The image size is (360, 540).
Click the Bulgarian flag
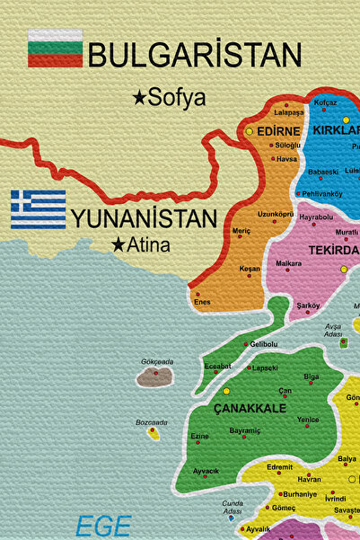(x=55, y=48)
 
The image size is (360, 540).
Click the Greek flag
(x=39, y=208)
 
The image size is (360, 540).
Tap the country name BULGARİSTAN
(x=194, y=56)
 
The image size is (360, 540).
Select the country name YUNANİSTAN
(x=145, y=218)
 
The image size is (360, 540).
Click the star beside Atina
(x=118, y=243)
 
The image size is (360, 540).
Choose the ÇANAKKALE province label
(x=250, y=408)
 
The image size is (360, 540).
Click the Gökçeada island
(x=154, y=376)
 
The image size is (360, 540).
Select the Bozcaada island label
(x=151, y=421)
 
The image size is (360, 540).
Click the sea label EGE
(x=103, y=527)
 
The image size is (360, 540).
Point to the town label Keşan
(x=249, y=269)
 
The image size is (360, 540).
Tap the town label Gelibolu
(x=264, y=344)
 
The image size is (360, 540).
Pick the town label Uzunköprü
(x=276, y=214)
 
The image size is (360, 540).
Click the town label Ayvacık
(x=206, y=471)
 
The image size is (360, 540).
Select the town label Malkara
(x=288, y=262)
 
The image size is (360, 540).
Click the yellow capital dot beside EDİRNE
(x=250, y=131)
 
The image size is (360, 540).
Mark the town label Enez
(x=203, y=302)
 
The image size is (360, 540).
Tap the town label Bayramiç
(x=245, y=431)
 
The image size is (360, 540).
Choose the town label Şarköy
(x=308, y=305)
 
